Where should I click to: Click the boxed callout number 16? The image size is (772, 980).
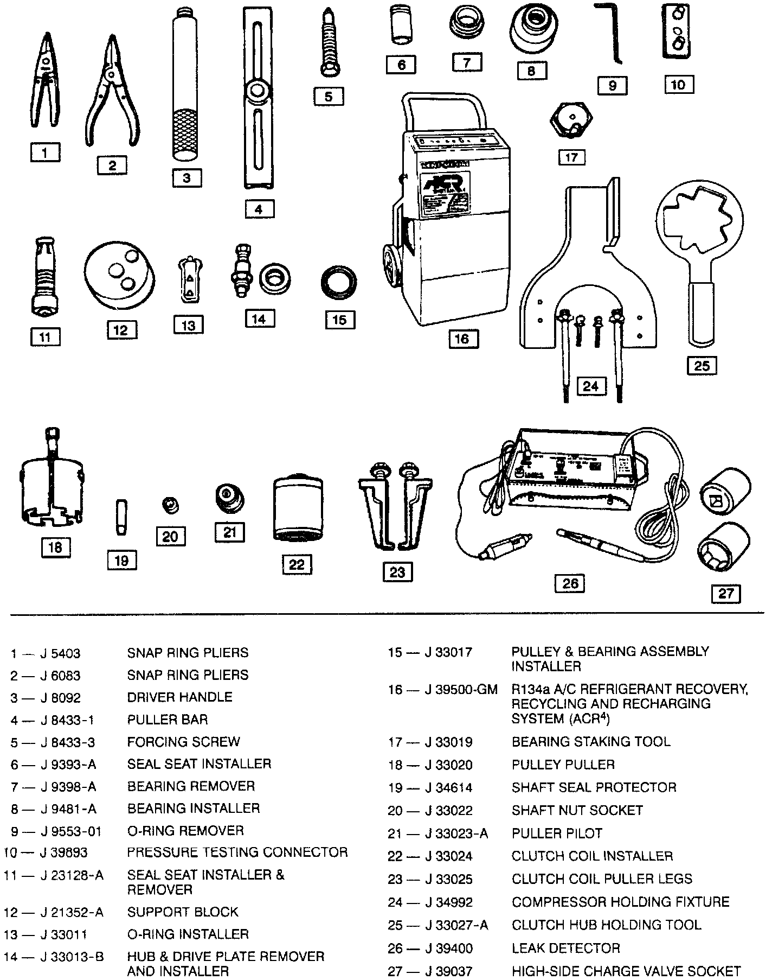coord(461,339)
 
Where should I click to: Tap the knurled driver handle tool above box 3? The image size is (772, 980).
coord(186,87)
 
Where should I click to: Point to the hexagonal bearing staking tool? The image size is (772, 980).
coord(571,119)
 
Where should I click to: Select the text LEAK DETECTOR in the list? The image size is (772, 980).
coord(565,948)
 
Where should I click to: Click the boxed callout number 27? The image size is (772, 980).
coord(725,593)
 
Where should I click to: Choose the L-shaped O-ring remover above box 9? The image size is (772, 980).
coord(612,33)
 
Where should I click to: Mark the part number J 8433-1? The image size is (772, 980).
coord(67,720)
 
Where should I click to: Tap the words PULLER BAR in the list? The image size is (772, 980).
coord(168,720)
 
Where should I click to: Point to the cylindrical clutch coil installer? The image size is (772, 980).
coord(297,508)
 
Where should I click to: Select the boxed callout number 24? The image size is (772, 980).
coord(590,386)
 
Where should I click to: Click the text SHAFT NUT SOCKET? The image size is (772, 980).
coord(577,811)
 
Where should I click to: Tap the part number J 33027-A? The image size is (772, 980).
coord(456,925)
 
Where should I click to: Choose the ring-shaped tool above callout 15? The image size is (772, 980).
coord(339,282)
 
